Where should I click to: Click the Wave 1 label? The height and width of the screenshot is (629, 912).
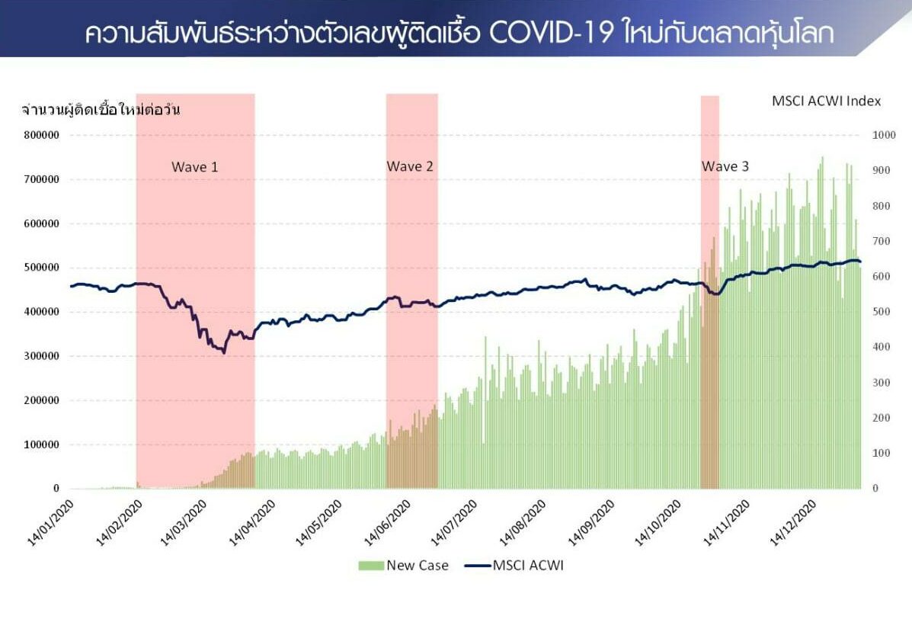click(195, 167)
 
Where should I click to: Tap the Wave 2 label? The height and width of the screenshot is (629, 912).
click(410, 166)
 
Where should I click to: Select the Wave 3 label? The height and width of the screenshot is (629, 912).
click(725, 166)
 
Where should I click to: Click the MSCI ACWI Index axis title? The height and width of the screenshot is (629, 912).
click(826, 101)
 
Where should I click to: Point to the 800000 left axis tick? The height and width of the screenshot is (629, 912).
click(41, 135)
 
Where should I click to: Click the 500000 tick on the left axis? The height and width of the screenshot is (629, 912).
click(41, 268)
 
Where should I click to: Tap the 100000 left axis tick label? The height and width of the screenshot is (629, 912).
click(41, 444)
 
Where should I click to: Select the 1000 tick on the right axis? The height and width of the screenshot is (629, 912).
click(884, 135)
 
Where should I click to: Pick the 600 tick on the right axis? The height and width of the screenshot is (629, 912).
click(881, 277)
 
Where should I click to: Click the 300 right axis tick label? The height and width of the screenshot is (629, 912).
click(881, 382)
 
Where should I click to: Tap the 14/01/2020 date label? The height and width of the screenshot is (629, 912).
click(50, 523)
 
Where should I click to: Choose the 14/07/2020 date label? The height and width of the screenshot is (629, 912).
click(453, 523)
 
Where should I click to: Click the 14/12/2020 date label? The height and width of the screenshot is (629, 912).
click(793, 523)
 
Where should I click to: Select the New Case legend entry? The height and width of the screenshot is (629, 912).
click(404, 566)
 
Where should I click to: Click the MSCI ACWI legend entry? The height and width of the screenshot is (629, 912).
click(514, 566)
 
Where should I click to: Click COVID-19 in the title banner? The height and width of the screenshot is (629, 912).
click(550, 33)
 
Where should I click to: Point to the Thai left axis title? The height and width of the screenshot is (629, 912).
click(101, 109)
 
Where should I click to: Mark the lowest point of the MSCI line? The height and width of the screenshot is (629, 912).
click(224, 352)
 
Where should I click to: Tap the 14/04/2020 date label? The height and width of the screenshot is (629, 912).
click(251, 523)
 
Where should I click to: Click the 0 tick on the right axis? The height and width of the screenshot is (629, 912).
click(875, 489)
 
